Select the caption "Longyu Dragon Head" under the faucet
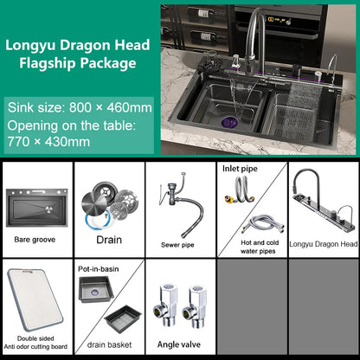(323, 244)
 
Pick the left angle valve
(164, 305)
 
